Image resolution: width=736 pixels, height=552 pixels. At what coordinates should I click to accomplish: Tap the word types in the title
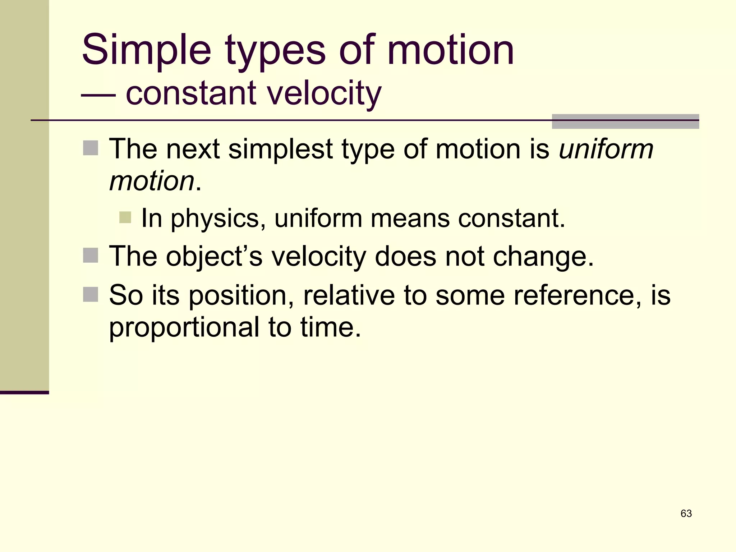pos(275,52)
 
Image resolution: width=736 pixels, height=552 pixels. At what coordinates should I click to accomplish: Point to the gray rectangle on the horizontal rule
pos(625,121)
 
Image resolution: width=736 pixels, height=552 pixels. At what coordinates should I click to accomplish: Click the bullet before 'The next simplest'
pos(91,148)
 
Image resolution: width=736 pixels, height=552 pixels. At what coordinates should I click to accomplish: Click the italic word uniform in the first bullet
pos(606,149)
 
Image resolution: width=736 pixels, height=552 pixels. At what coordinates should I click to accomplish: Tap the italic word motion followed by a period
pos(152,181)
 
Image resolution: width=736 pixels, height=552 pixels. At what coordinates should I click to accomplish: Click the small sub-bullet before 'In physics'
pos(125,217)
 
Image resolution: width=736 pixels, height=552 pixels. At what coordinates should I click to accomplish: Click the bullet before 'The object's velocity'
pos(91,256)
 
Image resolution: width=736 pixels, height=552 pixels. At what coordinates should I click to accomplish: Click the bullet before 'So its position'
pos(91,294)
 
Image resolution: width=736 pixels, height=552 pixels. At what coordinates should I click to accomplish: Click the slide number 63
pos(686,514)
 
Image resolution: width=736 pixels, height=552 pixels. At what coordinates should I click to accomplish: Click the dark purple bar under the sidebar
pos(24,392)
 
